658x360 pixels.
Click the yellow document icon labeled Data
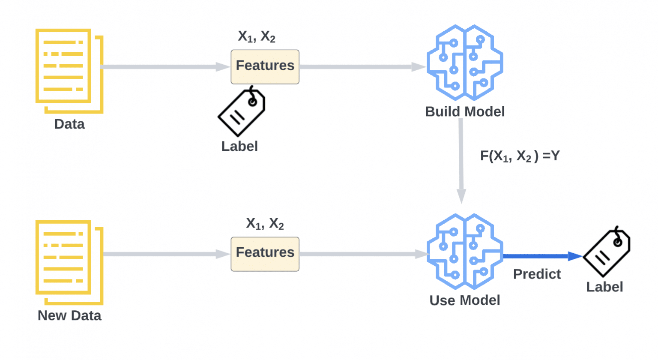pyautogui.click(x=63, y=66)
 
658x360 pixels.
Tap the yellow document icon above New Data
pyautogui.click(x=63, y=258)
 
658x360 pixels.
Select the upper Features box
pyautogui.click(x=265, y=67)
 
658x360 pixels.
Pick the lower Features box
pyautogui.click(x=265, y=254)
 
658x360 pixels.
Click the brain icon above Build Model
pyautogui.click(x=465, y=63)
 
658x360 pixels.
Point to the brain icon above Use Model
pyautogui.click(x=465, y=252)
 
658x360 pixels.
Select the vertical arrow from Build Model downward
pyautogui.click(x=461, y=161)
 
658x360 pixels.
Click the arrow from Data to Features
pyautogui.click(x=165, y=67)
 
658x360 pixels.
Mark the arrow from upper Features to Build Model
pyautogui.click(x=363, y=67)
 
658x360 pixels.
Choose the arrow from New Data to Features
pyautogui.click(x=167, y=254)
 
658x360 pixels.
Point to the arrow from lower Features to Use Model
pyautogui.click(x=364, y=254)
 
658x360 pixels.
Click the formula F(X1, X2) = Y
pyautogui.click(x=520, y=156)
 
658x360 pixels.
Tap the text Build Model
pyautogui.click(x=465, y=112)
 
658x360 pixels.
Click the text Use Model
pyautogui.click(x=465, y=300)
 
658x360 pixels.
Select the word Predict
pyautogui.click(x=537, y=274)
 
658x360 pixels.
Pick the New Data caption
pyautogui.click(x=70, y=315)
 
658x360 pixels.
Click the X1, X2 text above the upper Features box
pyautogui.click(x=257, y=37)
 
